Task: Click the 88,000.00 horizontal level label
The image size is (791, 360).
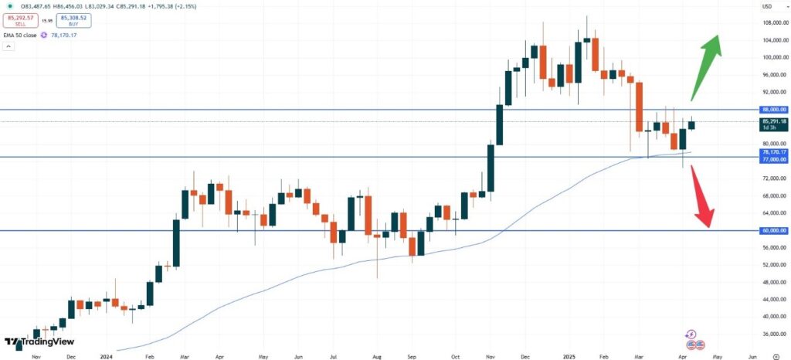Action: (x=772, y=110)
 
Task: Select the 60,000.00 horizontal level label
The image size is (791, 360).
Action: (x=772, y=230)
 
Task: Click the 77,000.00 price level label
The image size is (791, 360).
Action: (x=772, y=158)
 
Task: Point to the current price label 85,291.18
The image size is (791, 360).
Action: (x=773, y=121)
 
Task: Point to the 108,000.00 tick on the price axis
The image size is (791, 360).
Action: (x=772, y=23)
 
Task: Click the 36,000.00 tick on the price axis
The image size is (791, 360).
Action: (x=772, y=334)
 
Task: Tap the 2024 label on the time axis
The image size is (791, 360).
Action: (x=107, y=357)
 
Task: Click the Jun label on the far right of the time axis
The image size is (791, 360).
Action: (x=752, y=357)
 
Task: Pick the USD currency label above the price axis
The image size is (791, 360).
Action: (x=767, y=7)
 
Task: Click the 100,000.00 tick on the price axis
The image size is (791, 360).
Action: (x=772, y=58)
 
